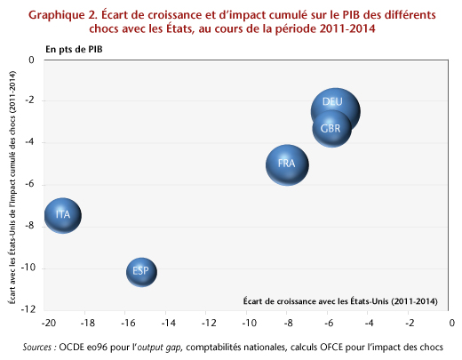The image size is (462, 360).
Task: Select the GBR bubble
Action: (331, 129)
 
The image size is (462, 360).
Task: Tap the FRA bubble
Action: (287, 165)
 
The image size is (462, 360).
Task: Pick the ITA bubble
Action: (63, 215)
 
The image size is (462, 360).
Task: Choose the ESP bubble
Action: (141, 272)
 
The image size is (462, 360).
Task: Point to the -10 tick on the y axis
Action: (28, 268)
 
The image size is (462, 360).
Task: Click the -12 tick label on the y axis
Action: (28, 309)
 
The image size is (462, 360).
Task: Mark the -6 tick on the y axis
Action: (30, 184)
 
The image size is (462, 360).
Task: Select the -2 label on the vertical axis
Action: (30, 100)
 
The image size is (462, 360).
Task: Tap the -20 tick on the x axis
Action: (49, 323)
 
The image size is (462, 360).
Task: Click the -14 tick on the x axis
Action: (169, 323)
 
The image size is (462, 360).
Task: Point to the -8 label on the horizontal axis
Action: (289, 323)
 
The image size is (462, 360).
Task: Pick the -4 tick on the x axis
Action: (370, 323)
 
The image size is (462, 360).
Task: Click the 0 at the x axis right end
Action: (451, 323)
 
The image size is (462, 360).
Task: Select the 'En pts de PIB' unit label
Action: (74, 50)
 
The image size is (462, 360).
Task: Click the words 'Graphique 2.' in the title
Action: (63, 15)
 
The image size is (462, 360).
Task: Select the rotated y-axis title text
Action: (12, 188)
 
